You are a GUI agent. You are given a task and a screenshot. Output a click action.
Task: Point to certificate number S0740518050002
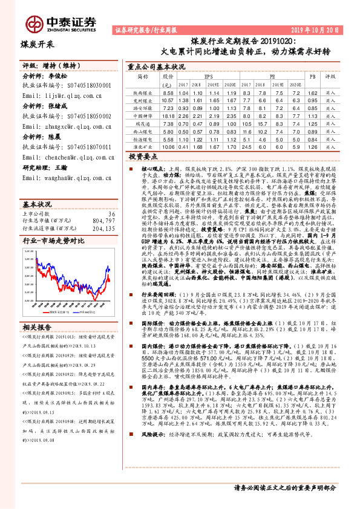point(84,115)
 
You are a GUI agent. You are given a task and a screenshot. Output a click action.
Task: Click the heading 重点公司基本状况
point(157,68)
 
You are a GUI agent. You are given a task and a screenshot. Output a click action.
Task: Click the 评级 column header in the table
point(330,77)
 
